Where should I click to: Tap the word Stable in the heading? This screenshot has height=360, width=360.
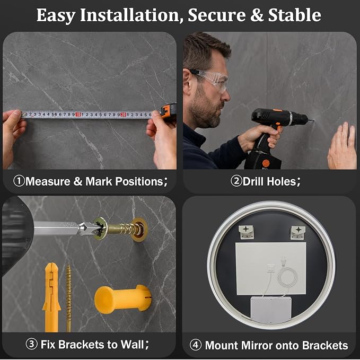click(295, 15)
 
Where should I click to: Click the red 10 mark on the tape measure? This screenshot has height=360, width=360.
click(78, 115)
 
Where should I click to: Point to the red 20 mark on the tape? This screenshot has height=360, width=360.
click(124, 115)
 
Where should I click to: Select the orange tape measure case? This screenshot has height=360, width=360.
click(169, 112)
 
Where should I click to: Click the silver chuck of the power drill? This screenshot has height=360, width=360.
click(291, 118)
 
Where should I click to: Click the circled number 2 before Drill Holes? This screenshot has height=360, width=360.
click(236, 181)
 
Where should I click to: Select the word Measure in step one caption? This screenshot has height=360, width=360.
click(48, 181)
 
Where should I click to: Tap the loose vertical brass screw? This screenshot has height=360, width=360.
click(69, 298)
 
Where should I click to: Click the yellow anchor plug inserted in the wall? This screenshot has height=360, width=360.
click(123, 299)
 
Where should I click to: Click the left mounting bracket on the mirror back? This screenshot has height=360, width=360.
click(246, 232)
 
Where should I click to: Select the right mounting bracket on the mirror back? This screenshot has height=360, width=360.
click(298, 232)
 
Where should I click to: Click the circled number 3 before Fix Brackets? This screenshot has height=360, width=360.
click(31, 344)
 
